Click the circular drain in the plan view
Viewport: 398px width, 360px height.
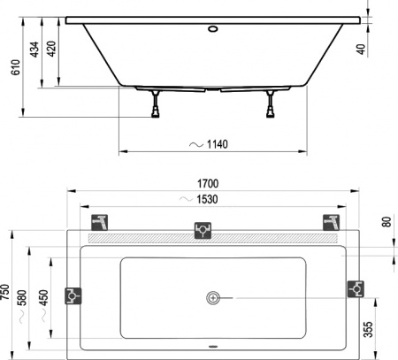pyautogui.click(x=213, y=298)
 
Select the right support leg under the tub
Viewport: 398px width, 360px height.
pyautogui.click(x=268, y=104)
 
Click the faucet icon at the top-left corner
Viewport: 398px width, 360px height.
pyautogui.click(x=102, y=221)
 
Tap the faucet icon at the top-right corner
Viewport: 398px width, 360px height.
pyautogui.click(x=332, y=221)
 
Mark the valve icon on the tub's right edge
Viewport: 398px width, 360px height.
pyautogui.click(x=356, y=288)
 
